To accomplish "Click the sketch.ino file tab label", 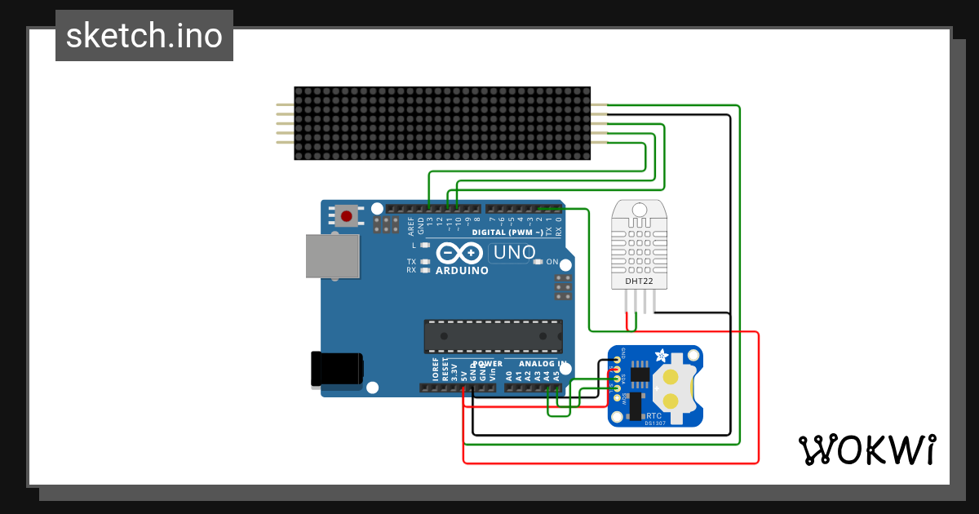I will coord(144,36).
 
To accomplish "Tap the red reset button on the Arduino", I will coord(347,216).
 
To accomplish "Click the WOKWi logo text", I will coord(866,450).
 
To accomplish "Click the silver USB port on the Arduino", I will coord(331,257).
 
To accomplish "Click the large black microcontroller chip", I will coord(493,335).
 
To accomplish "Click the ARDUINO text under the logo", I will coord(462,270).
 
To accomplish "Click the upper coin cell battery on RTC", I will coord(671,377).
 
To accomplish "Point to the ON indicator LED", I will coord(538,262).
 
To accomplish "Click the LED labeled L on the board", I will coord(424,245).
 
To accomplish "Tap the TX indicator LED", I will coord(424,261).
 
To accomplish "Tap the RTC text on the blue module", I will coord(654,415).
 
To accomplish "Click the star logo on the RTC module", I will coord(662,357).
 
